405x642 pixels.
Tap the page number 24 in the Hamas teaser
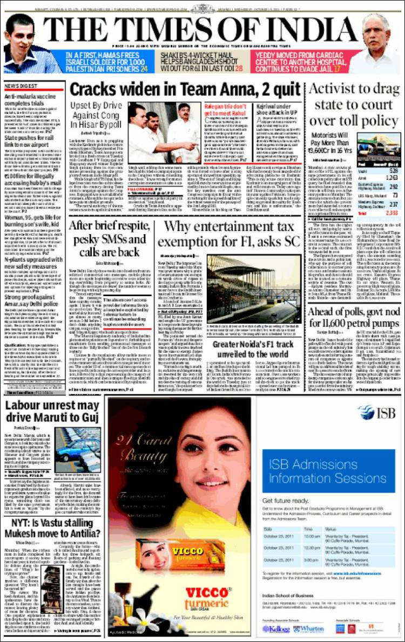(144, 69)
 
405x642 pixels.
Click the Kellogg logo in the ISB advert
(276, 629)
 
